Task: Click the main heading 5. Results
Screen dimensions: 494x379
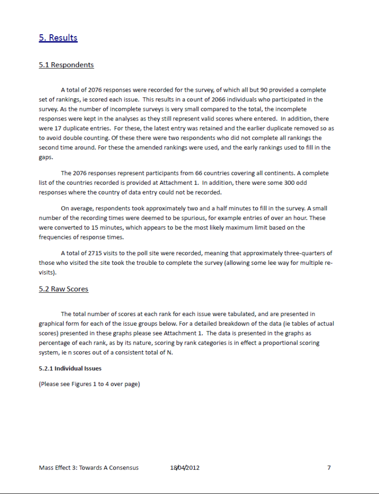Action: [58, 38]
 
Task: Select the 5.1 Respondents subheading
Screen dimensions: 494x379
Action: [66, 65]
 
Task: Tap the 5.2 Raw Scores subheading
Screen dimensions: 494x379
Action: [63, 289]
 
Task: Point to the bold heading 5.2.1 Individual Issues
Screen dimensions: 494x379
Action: [70, 369]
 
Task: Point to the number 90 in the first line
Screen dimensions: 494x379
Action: [264, 90]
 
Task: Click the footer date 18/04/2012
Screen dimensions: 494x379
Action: [185, 467]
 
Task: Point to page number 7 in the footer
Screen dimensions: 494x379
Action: [329, 467]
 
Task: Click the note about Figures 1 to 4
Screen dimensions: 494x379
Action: [89, 384]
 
